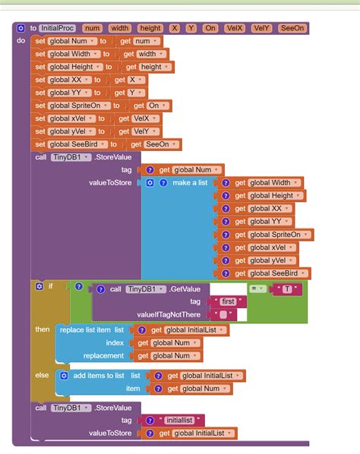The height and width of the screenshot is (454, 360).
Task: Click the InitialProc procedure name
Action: tap(56, 28)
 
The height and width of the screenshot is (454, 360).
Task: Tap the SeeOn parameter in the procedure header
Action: tap(292, 28)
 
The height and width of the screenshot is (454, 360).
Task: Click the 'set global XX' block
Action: tap(64, 80)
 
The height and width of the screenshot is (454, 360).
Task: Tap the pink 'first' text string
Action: tap(228, 301)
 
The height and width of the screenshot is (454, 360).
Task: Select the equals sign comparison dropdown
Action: tap(256, 289)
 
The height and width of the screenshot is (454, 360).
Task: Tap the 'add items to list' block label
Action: tap(99, 376)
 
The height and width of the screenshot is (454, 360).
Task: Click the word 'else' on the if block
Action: tap(42, 375)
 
